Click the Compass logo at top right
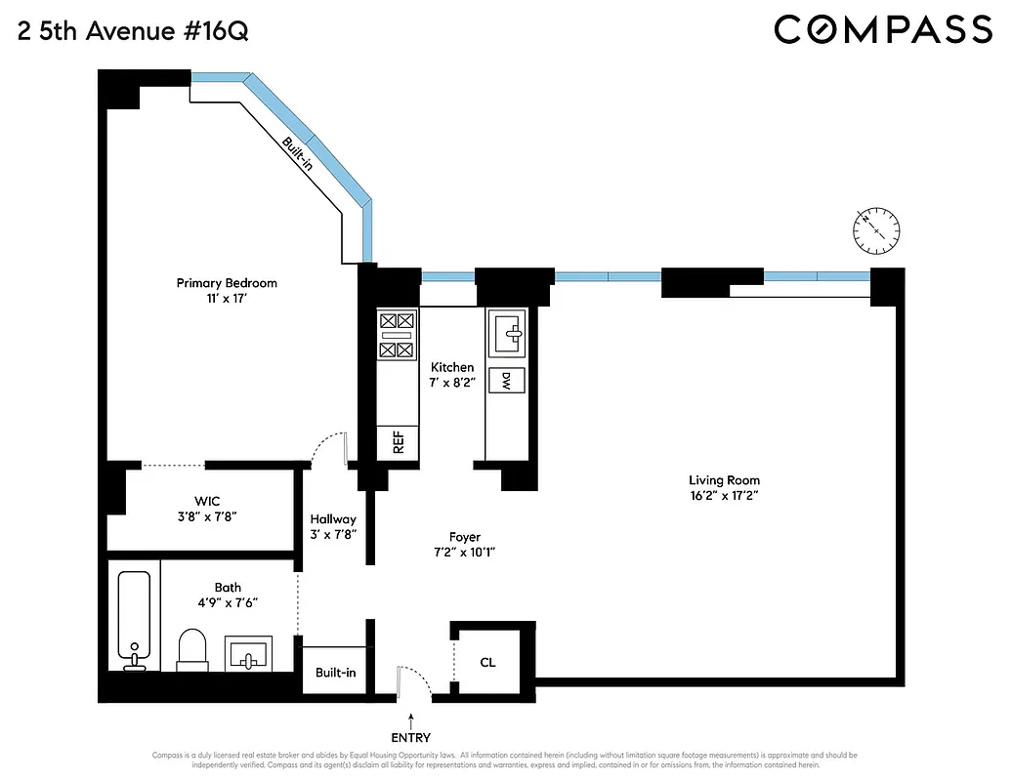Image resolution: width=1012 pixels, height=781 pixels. [883, 29]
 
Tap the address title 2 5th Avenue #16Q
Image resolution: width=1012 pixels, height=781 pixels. [133, 31]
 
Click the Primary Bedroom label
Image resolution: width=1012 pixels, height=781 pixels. [227, 283]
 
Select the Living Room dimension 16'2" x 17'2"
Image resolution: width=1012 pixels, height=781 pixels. [724, 496]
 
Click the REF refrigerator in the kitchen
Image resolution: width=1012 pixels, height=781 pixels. [399, 442]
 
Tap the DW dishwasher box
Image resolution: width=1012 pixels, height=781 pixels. [507, 382]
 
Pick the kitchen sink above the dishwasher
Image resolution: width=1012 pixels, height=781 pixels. [507, 332]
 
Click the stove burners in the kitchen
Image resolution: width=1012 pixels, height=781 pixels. [397, 334]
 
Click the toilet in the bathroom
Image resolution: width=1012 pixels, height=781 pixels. [193, 648]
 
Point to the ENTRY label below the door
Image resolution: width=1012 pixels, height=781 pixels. [410, 738]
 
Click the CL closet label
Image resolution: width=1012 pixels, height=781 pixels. [487, 662]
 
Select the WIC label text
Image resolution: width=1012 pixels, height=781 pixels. [207, 501]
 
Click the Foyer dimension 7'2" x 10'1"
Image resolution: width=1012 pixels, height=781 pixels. [464, 553]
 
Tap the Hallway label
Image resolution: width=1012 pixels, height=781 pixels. [333, 519]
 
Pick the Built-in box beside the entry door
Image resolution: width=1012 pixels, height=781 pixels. [335, 673]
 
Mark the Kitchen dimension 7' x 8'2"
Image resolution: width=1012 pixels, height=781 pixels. [451, 383]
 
